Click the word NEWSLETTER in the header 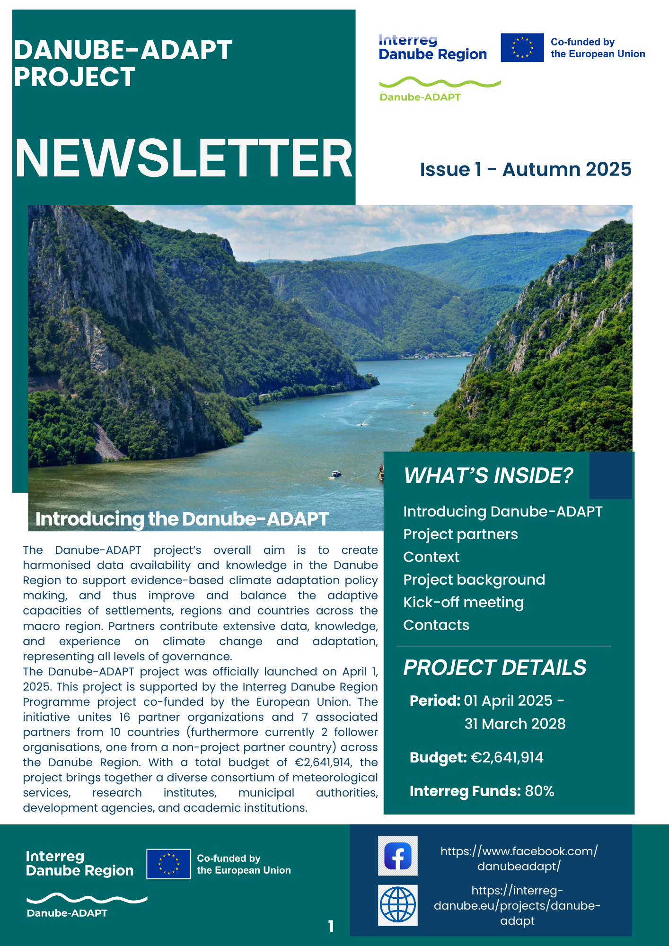point(184,158)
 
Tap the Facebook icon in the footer point(397,856)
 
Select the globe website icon point(398,905)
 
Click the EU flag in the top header point(522,47)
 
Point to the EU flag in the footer point(168,864)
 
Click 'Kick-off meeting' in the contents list point(463,602)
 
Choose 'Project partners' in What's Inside point(460,534)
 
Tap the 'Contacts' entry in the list point(436,625)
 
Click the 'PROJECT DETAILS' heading point(494,667)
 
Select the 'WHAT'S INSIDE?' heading point(488,475)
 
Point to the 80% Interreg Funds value point(539,791)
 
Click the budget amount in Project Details point(507,757)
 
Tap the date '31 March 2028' point(515,724)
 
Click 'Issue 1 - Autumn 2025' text point(525,169)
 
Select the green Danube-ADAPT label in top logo point(420,97)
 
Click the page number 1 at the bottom point(331,926)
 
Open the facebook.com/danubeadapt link point(519,858)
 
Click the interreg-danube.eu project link point(517,905)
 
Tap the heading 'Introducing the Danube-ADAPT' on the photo point(182,519)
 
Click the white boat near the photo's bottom point(336,473)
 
